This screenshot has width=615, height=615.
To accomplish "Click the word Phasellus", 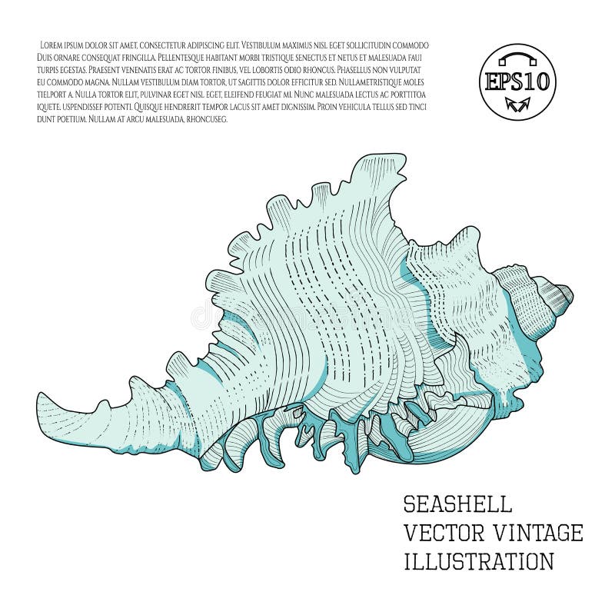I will (351, 70).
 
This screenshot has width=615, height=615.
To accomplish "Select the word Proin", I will (330, 107).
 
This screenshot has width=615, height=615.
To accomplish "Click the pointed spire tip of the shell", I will (571, 292).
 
